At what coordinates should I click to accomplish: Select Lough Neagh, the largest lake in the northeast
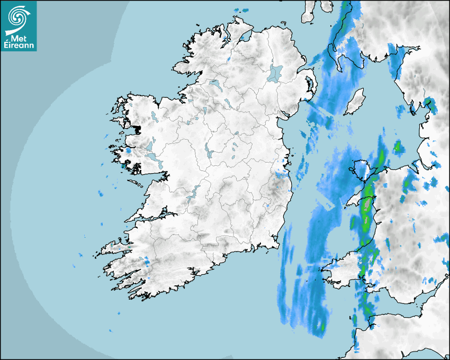[x=275, y=73]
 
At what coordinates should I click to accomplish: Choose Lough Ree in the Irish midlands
[x=209, y=151]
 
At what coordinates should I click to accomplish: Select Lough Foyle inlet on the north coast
[x=245, y=37]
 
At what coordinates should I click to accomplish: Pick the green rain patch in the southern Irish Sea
[x=321, y=327]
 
